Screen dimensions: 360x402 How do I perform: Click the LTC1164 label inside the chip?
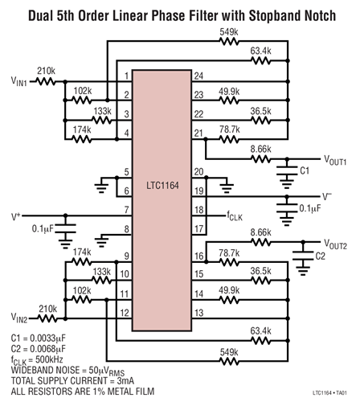(x=162, y=186)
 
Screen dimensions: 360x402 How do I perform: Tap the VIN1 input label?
(x=18, y=80)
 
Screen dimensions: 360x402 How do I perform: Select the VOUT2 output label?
(x=335, y=244)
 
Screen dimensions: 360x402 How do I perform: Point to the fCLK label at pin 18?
(x=235, y=216)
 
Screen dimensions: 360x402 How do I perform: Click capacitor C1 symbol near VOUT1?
(x=287, y=170)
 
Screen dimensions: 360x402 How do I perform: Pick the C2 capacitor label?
(x=320, y=256)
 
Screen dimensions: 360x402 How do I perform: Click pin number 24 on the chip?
(x=198, y=76)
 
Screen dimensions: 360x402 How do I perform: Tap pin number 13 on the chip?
(x=198, y=313)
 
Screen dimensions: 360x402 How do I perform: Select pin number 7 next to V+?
(x=126, y=210)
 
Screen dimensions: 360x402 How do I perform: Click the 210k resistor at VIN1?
(x=46, y=81)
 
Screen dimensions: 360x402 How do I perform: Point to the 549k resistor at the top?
(x=229, y=41)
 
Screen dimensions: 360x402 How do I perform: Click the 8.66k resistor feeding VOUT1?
(x=260, y=159)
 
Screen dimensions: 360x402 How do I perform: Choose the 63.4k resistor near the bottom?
(x=260, y=341)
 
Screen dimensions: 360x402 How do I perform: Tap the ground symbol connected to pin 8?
(x=101, y=240)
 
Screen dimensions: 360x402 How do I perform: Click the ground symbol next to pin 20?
(x=227, y=185)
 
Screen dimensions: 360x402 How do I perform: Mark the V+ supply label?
(x=16, y=216)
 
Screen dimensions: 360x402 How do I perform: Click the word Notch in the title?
(x=319, y=15)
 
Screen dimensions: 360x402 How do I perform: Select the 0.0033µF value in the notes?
(x=47, y=338)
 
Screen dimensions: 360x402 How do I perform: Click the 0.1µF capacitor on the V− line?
(x=287, y=208)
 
